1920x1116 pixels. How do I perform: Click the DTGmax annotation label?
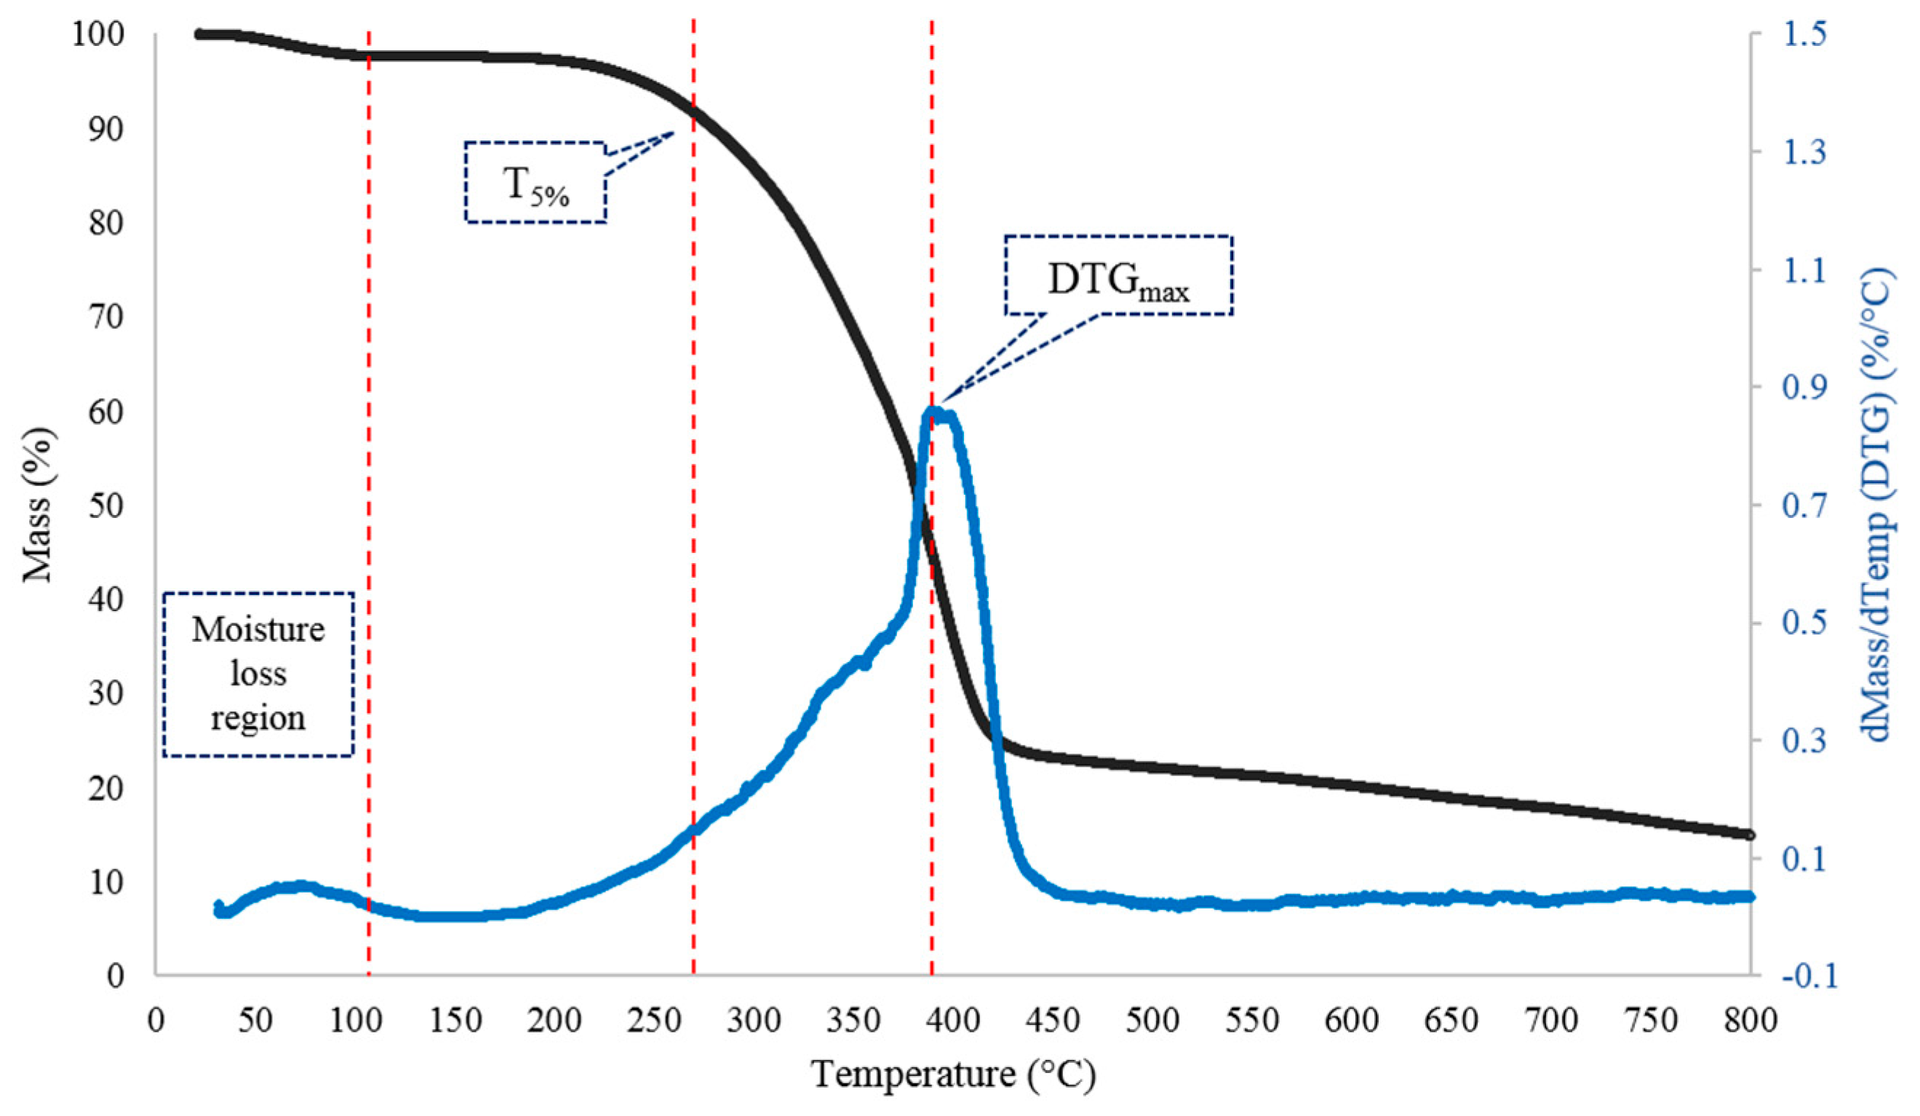[1118, 276]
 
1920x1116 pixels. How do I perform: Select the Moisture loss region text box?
[258, 674]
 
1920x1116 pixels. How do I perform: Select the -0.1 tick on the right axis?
[1809, 976]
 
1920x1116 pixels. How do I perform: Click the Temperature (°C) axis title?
[953, 1074]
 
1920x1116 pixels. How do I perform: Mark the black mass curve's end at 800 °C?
[1749, 835]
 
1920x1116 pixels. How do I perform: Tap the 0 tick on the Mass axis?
[116, 976]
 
